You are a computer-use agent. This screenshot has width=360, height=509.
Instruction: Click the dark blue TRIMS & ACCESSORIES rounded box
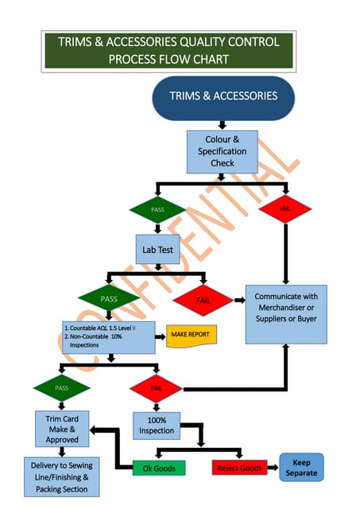point(223,97)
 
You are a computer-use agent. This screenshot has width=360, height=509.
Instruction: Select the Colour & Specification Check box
point(223,151)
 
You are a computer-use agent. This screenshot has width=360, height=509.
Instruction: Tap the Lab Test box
point(158,250)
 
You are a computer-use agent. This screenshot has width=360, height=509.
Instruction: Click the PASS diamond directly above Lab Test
point(157,209)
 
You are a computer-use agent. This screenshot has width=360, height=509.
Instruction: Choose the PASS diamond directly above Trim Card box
point(61,388)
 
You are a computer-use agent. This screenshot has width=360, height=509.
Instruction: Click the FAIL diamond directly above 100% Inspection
point(156,388)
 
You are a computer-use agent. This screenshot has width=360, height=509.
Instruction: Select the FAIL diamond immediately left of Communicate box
point(202,301)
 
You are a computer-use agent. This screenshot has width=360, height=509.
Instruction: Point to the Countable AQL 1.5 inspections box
point(107,337)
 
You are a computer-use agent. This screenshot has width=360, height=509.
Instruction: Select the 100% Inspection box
point(156,425)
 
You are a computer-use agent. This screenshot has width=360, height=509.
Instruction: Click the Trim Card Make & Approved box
point(62,429)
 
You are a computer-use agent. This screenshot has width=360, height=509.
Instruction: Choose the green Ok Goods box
point(158,468)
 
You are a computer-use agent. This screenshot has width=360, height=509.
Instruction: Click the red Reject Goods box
point(240,468)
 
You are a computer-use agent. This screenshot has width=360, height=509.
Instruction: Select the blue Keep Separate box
point(302,467)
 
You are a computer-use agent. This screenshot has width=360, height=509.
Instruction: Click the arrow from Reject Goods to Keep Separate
point(273,468)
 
